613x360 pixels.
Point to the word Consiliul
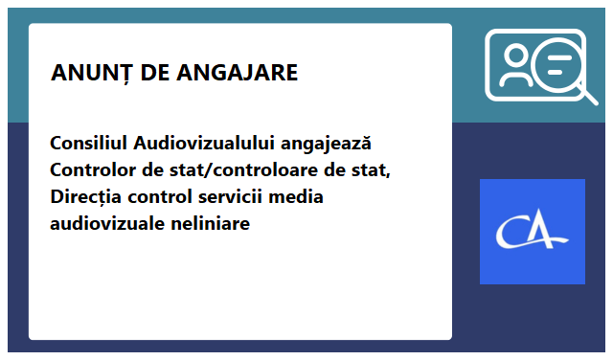pos(89,144)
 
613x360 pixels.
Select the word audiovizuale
pos(105,224)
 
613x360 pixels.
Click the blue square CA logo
pos(532,232)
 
